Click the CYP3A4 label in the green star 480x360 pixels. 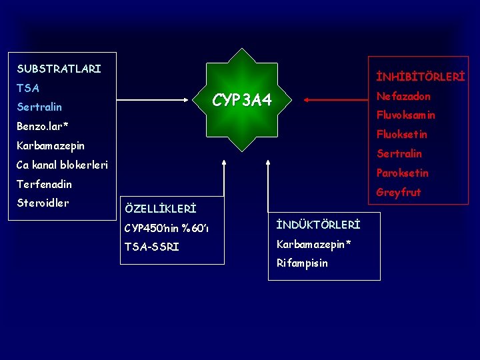click(x=242, y=101)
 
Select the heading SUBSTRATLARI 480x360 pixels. click(x=59, y=69)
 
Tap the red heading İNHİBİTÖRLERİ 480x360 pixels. click(x=420, y=77)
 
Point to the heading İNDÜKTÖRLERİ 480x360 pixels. click(x=318, y=225)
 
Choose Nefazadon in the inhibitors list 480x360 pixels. click(x=403, y=96)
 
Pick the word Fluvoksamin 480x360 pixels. click(x=406, y=115)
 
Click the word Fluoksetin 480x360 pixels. click(x=402, y=135)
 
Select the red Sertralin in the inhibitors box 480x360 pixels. click(x=399, y=154)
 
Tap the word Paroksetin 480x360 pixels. click(x=402, y=173)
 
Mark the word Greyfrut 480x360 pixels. click(x=399, y=193)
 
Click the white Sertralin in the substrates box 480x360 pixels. click(x=39, y=107)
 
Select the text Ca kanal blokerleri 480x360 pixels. click(x=62, y=165)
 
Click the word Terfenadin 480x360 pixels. click(x=44, y=184)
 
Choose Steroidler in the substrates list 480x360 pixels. click(x=43, y=203)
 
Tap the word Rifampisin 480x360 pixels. click(x=302, y=263)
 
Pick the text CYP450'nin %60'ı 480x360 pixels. click(x=167, y=229)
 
